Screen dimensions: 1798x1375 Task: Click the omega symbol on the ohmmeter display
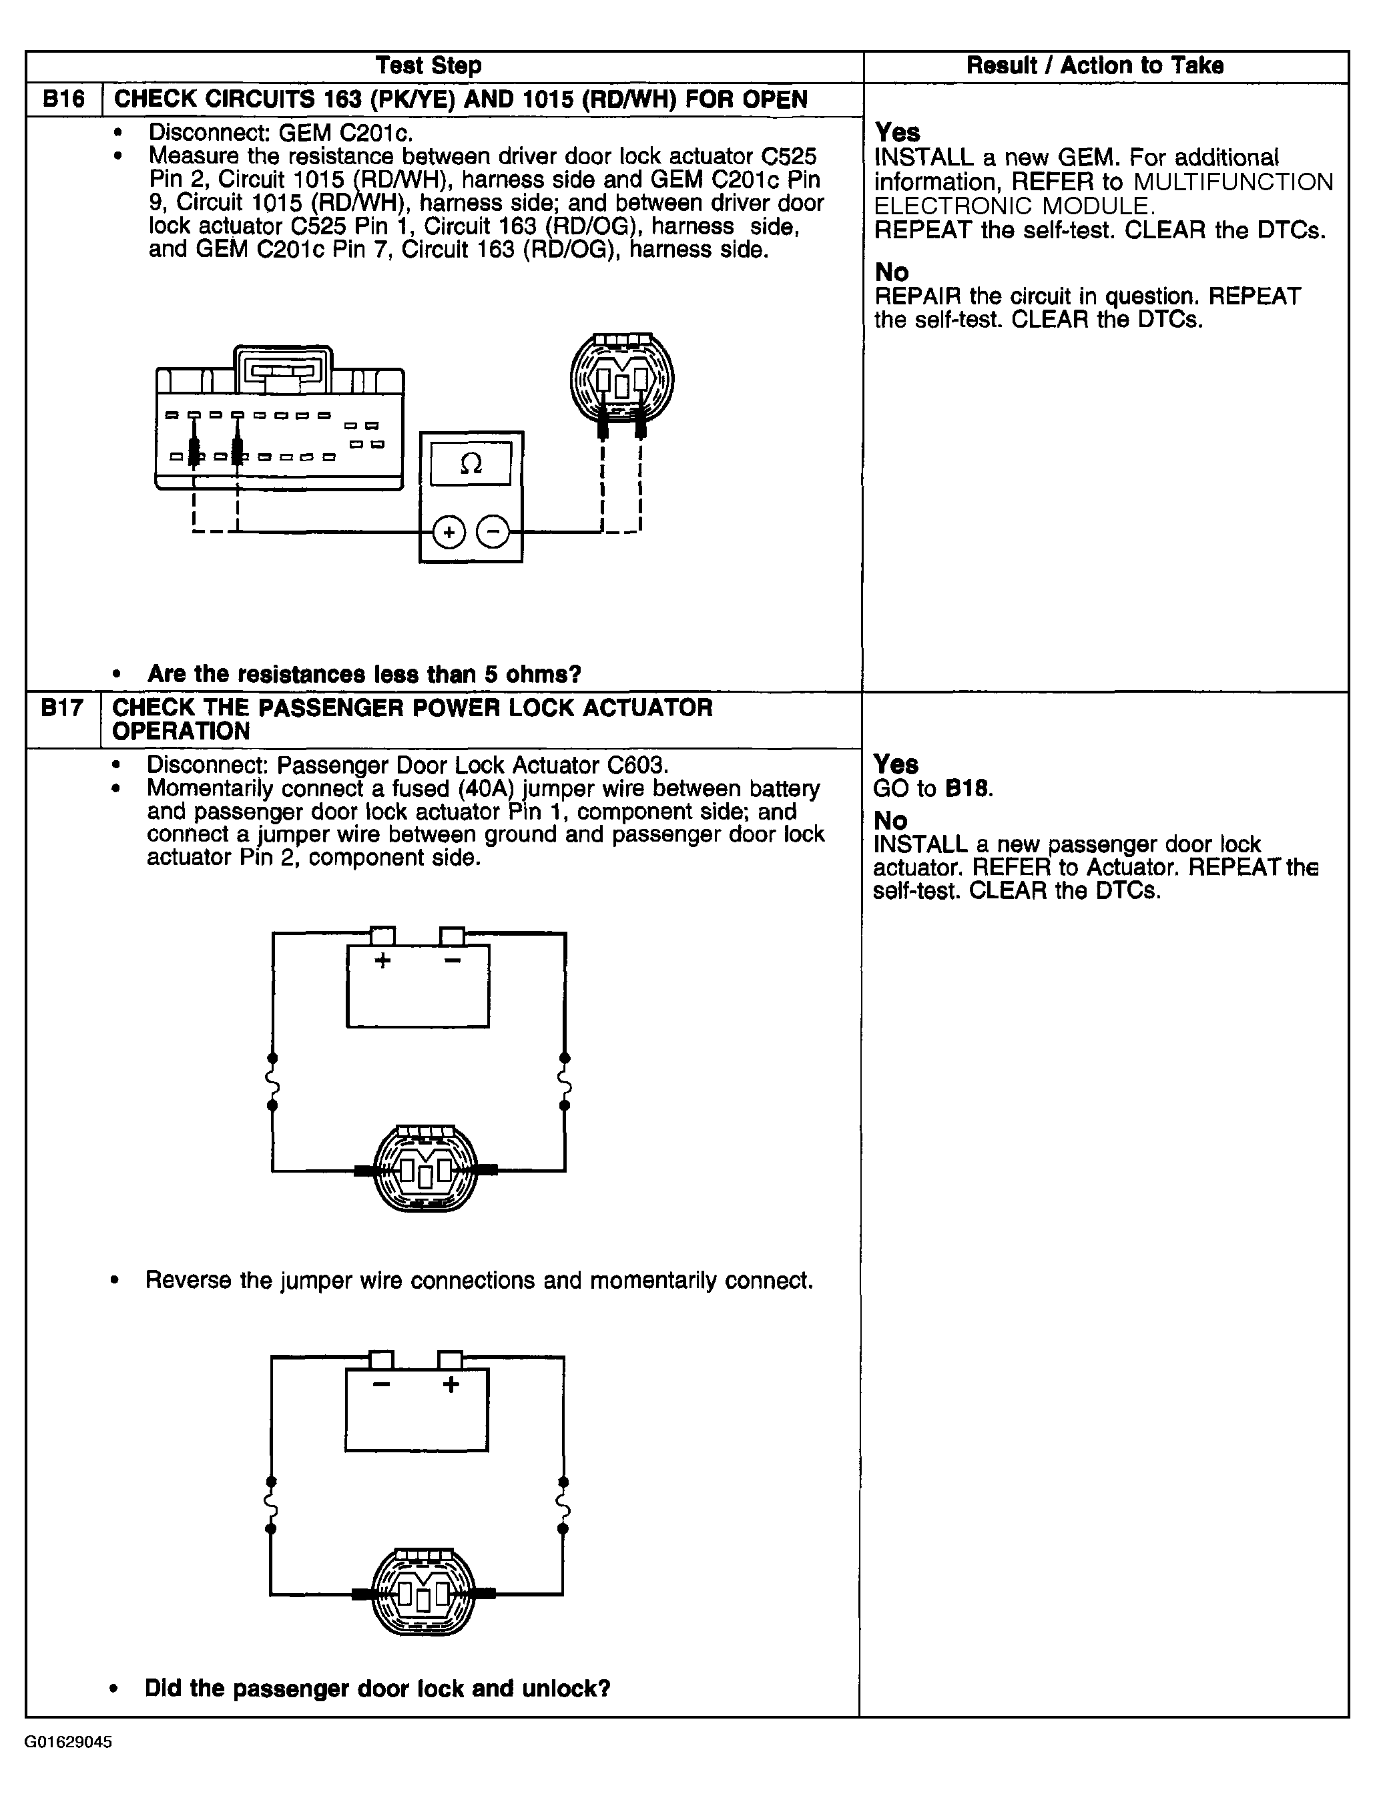click(471, 464)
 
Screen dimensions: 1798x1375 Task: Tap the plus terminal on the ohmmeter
click(448, 533)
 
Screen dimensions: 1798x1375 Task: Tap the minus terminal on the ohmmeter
click(493, 533)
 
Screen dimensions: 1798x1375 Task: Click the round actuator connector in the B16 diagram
click(622, 378)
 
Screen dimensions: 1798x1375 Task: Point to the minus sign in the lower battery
click(380, 1385)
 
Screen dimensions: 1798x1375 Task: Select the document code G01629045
click(68, 1741)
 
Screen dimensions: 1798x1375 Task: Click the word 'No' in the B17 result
click(890, 820)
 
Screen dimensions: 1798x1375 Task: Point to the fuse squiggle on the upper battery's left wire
click(272, 1082)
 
